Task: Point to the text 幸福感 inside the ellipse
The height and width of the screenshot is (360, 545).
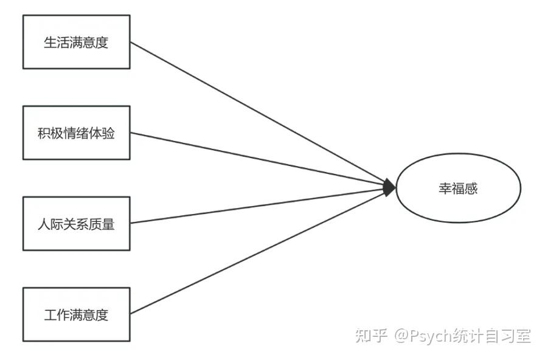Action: (x=458, y=189)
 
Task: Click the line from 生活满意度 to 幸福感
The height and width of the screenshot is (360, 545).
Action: (x=255, y=112)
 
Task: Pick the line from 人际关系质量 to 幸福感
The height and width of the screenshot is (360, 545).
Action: (x=255, y=206)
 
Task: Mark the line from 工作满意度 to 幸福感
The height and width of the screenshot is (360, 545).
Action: (x=255, y=252)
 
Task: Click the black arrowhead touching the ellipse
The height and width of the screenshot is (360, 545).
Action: (x=390, y=189)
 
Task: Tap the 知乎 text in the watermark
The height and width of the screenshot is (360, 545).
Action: (x=371, y=336)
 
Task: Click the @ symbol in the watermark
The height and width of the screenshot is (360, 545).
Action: (x=401, y=336)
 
